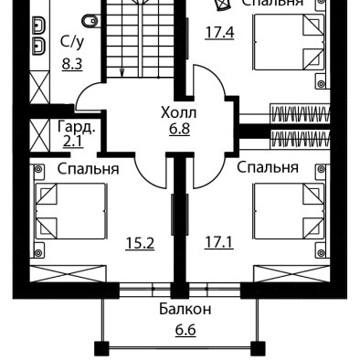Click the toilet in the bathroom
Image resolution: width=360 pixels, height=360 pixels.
90,21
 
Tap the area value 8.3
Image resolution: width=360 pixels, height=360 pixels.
72,65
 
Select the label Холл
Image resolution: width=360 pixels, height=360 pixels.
179,112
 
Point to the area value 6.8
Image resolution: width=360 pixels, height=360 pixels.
180,129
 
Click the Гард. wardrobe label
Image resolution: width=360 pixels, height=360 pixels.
77,127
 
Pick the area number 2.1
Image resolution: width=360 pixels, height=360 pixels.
73,142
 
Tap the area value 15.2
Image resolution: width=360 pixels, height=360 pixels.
140,243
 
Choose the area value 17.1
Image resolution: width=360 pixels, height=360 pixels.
219,243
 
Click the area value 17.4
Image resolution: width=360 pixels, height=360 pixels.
219,33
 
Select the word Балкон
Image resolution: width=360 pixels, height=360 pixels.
185,310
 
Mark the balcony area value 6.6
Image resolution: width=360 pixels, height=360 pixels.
185,330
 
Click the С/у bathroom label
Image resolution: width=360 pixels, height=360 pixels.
72,43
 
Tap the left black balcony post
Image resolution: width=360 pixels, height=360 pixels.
101,349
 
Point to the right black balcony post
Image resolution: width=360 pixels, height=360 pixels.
258,349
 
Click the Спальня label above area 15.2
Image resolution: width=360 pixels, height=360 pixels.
88,169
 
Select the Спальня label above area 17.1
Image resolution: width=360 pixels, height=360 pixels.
268,168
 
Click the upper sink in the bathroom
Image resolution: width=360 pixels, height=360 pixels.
39,25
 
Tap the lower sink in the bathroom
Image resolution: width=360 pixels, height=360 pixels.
39,47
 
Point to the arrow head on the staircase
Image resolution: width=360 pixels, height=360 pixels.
122,72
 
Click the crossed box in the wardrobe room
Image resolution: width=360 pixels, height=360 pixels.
39,135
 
